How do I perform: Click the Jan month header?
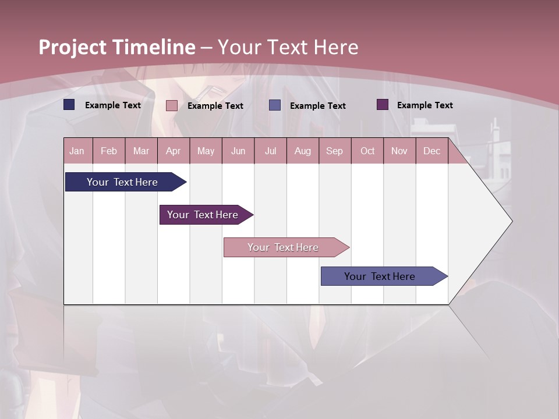(x=77, y=151)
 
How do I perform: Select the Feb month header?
(x=109, y=151)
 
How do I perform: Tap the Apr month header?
(x=173, y=151)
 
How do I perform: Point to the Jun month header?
(x=238, y=151)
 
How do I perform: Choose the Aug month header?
(x=302, y=151)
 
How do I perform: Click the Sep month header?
(x=334, y=151)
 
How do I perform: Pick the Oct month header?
(x=367, y=151)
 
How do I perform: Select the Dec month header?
(x=431, y=151)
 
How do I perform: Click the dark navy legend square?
(x=69, y=105)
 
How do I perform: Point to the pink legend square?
(x=172, y=105)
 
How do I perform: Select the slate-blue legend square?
(x=275, y=105)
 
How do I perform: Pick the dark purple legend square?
(x=383, y=105)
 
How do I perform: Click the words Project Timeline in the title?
(x=116, y=47)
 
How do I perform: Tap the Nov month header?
(x=399, y=151)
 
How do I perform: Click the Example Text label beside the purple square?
(x=424, y=105)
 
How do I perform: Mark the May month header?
(x=206, y=151)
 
